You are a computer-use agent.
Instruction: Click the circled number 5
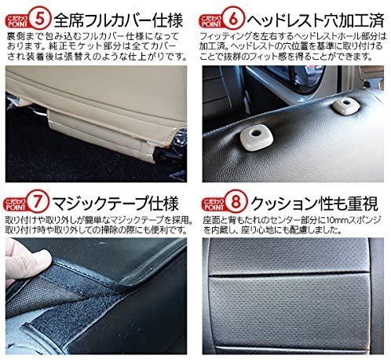click(39, 18)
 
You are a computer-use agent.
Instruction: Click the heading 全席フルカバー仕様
click(119, 20)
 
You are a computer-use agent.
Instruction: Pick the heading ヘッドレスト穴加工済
click(316, 20)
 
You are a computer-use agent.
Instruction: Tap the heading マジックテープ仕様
click(115, 203)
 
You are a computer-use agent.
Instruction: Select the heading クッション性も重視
click(314, 203)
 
